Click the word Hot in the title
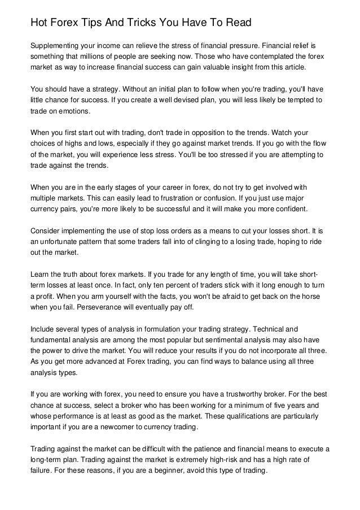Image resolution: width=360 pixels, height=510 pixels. point(39,23)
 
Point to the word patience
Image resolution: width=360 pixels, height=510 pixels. point(211,449)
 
